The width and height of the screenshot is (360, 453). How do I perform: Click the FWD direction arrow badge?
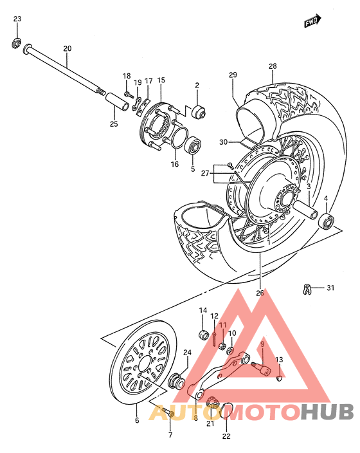[312, 22]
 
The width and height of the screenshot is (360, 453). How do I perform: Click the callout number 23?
[17, 19]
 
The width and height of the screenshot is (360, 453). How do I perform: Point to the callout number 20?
[67, 49]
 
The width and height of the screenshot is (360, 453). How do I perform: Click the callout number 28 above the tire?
[273, 66]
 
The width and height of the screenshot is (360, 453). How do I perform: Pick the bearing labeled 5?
[192, 145]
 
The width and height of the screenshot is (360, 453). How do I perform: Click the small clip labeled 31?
[308, 288]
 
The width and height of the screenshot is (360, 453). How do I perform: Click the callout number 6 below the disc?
[136, 421]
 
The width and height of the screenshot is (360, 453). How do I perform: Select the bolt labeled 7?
[166, 411]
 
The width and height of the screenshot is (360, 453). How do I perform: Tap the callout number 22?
[226, 436]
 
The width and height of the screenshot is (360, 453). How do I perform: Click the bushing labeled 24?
[173, 384]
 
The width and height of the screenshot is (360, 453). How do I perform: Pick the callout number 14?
[202, 311]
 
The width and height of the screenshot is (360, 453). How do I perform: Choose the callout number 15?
[161, 80]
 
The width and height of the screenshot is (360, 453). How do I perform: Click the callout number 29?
[233, 75]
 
